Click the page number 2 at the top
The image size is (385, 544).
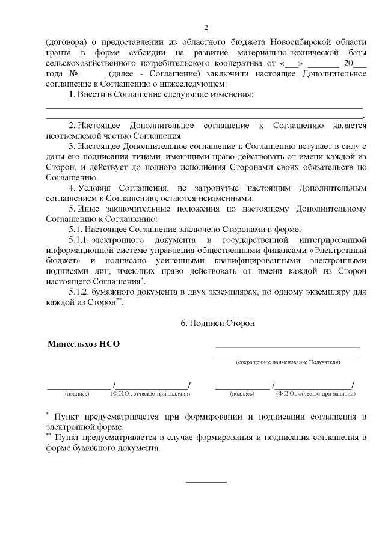pos(206,27)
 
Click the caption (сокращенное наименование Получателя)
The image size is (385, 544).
pos(288,363)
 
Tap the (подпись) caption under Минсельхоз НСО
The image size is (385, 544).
pos(76,394)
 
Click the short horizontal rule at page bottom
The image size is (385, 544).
pos(206,482)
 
